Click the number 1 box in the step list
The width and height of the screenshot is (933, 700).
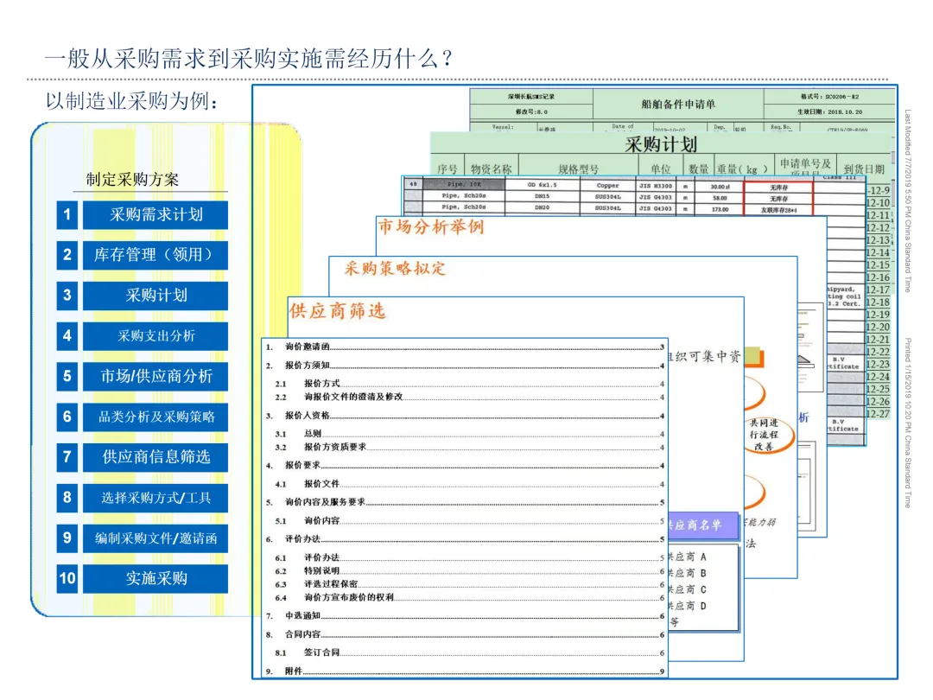[67, 215]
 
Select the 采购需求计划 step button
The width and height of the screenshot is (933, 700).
[155, 215]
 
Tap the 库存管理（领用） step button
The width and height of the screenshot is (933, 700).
[155, 255]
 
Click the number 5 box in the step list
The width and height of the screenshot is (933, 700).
[67, 376]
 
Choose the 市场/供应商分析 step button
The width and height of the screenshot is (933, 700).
[155, 376]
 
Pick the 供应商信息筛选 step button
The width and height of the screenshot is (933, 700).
[155, 457]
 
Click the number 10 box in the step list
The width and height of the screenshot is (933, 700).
[67, 578]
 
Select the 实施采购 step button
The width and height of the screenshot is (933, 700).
[155, 578]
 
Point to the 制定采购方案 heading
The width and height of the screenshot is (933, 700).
[132, 180]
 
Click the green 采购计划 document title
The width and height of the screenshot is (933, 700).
[661, 143]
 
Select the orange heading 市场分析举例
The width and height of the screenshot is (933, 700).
[431, 227]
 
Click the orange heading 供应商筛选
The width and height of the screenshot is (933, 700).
[338, 310]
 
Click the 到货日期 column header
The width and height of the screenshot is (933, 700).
[863, 169]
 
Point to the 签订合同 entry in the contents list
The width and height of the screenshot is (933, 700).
[321, 653]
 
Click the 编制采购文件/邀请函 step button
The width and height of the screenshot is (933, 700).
[155, 538]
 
